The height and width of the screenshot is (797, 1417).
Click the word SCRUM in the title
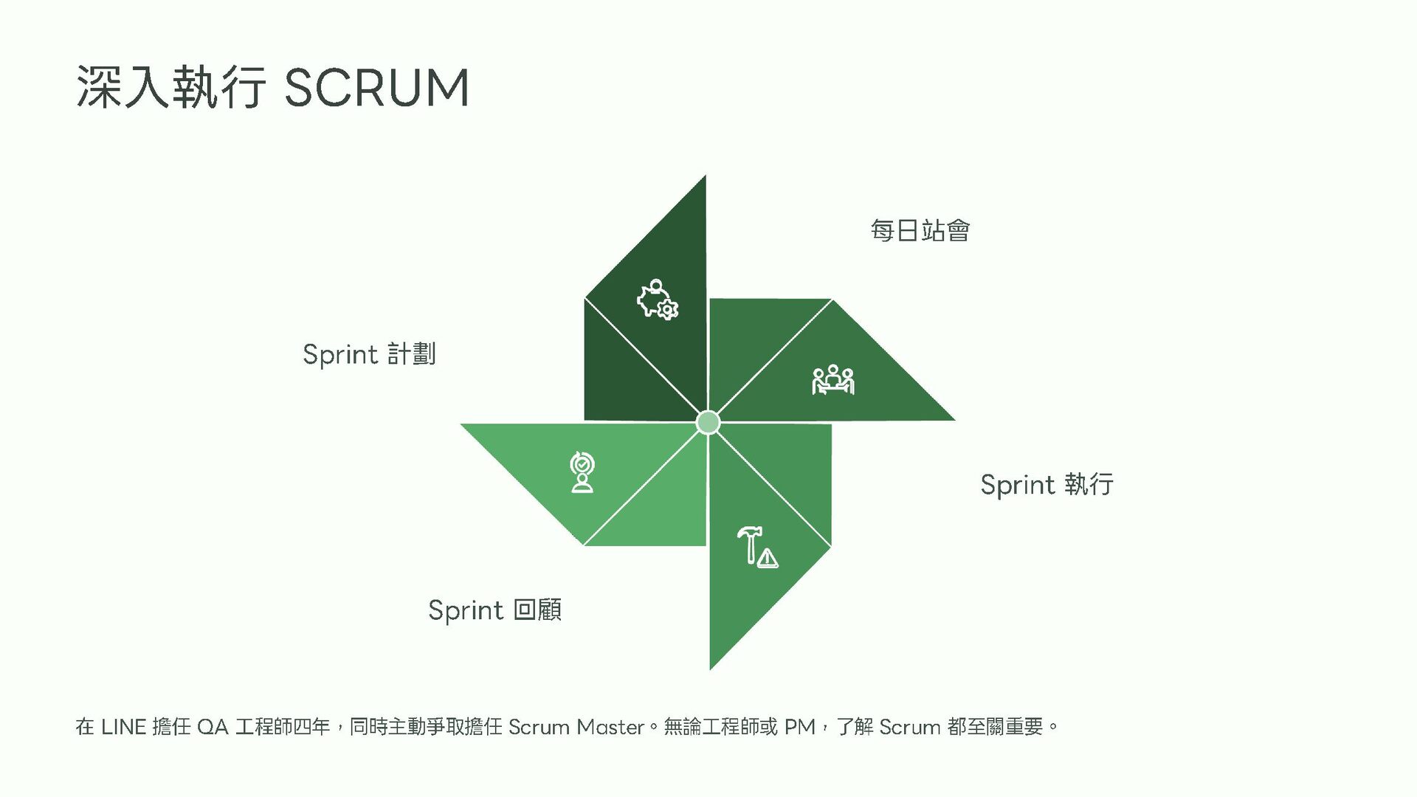(376, 89)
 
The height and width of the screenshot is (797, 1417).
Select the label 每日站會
(920, 231)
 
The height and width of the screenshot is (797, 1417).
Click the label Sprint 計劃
(369, 354)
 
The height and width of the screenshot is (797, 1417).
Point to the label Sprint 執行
(1047, 485)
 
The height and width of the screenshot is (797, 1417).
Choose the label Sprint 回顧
(494, 610)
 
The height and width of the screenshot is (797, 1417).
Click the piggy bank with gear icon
(657, 300)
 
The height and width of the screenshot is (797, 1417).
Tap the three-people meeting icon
(832, 380)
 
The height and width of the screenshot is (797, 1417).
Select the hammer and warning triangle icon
(757, 546)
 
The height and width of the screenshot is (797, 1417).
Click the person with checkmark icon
(582, 472)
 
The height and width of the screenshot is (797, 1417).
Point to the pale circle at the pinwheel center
(708, 423)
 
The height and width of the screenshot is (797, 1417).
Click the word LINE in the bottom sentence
(123, 728)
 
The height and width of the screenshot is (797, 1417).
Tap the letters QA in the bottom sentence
(213, 728)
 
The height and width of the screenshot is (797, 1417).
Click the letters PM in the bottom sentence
(799, 728)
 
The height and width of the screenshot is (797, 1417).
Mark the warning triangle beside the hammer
(768, 559)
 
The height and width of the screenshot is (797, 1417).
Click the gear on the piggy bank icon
(667, 310)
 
